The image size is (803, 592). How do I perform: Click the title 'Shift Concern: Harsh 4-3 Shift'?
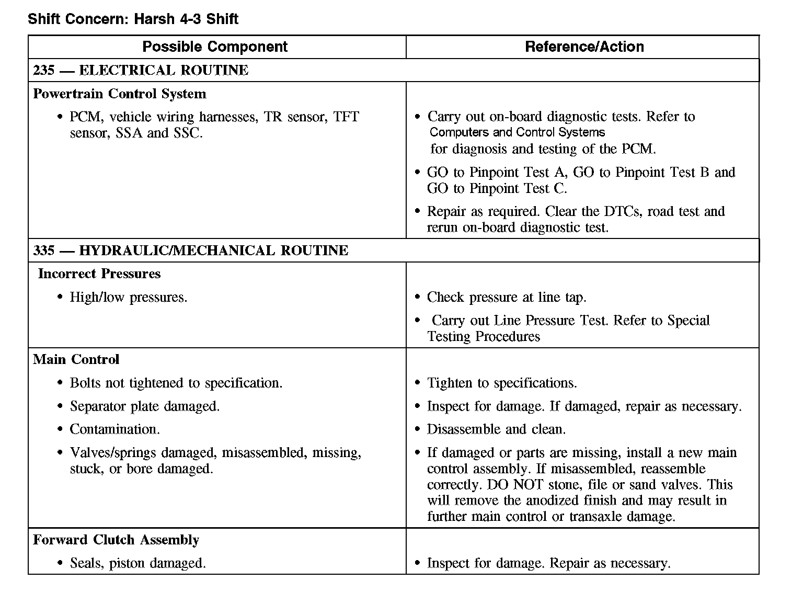point(133,19)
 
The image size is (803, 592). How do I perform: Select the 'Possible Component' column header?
point(215,47)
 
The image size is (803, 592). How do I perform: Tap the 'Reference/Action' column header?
point(584,47)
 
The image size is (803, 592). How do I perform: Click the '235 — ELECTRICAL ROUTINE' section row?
point(141,70)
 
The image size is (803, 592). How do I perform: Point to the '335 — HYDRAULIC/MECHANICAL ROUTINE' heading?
point(190,250)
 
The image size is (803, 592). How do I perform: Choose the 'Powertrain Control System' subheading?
point(120,94)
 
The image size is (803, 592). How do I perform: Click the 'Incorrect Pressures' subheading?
point(99,274)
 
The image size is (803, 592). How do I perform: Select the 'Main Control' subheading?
point(76,359)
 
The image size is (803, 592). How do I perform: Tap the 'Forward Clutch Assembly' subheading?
point(116,540)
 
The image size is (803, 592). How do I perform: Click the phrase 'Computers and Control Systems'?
point(517,132)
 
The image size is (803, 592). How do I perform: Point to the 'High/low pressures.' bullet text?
point(129,297)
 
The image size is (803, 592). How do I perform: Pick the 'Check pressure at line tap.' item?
point(507,297)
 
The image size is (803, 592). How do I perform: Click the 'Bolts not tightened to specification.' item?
point(176,383)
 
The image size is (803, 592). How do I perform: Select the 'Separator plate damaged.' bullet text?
point(145,406)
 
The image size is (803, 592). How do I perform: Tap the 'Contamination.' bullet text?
point(115,429)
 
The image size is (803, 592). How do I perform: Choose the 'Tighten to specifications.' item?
point(502,383)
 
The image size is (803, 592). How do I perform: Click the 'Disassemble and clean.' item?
point(496,429)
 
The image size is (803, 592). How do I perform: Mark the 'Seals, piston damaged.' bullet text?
point(138,563)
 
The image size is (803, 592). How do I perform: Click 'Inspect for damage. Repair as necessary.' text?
point(548,563)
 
